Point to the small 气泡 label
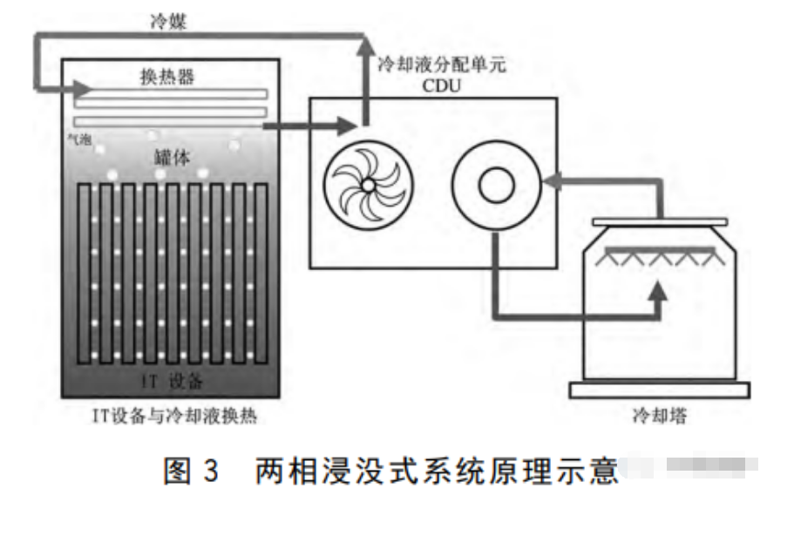[79, 137]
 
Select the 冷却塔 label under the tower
[660, 416]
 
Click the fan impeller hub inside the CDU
[368, 185]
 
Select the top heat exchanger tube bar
[172, 94]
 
